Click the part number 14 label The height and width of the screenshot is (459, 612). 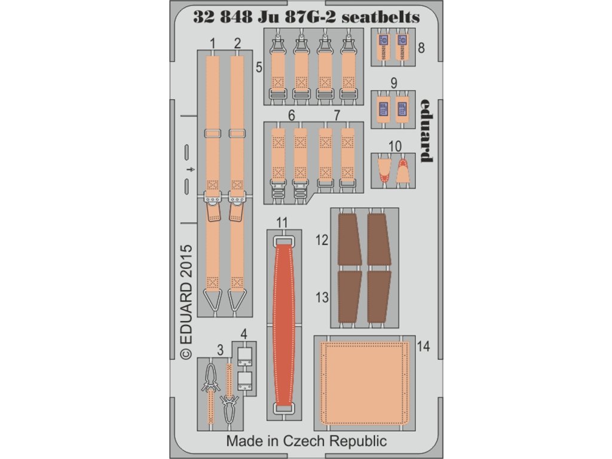coord(424,346)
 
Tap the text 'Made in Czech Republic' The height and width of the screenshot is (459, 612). coord(307,442)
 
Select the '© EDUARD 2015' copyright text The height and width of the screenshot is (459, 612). coord(186,301)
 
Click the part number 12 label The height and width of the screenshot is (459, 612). coord(322,240)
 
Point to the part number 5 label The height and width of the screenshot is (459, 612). coord(259,68)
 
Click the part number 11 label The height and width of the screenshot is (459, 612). coord(282,222)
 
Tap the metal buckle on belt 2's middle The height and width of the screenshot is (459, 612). coord(237,196)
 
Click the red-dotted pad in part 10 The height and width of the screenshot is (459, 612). coord(403,169)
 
